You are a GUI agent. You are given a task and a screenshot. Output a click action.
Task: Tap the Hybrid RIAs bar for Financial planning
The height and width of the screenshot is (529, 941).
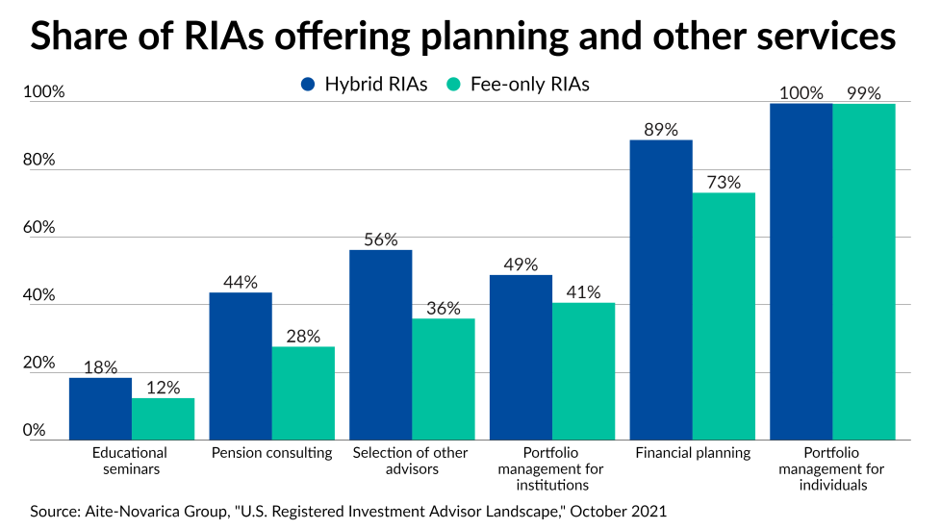pos(661,290)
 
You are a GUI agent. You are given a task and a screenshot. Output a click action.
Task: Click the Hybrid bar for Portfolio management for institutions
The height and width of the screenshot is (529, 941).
pos(521,357)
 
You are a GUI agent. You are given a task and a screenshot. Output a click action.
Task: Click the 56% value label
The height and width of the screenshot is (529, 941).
pos(381,239)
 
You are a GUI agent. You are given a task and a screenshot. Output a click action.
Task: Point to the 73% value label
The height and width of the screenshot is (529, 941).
pos(724,182)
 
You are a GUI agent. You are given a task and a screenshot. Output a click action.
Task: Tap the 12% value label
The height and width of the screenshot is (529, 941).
pos(164,387)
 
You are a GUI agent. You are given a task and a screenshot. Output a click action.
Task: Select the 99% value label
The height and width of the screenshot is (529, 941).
pos(864,93)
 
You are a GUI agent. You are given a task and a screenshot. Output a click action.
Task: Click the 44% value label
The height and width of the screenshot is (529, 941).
pos(241,282)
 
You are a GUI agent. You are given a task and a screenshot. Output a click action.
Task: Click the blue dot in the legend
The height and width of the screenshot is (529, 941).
pos(309,85)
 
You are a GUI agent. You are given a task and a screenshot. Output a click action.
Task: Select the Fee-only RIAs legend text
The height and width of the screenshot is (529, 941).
pos(529,85)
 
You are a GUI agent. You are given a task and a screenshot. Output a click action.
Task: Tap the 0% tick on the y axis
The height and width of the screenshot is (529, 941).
pos(35,430)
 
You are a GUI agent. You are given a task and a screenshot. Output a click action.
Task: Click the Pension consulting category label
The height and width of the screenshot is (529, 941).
pos(271,453)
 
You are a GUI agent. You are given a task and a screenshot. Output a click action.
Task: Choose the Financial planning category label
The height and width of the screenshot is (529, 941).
pos(692,453)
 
